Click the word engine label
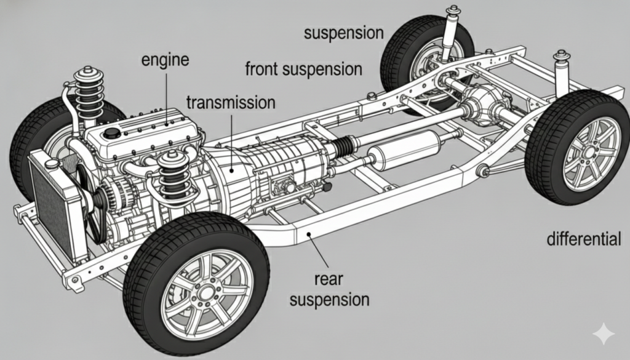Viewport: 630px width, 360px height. pos(164,60)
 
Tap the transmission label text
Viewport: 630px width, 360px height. pos(230,102)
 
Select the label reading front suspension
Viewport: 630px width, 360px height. pos(303,68)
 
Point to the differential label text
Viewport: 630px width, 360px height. pos(584,239)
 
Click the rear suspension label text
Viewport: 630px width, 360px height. pos(330,290)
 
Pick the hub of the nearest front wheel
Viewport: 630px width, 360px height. pos(205,292)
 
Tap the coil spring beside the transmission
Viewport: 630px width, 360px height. pos(173,175)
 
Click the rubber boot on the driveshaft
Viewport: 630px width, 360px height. pos(343,148)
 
